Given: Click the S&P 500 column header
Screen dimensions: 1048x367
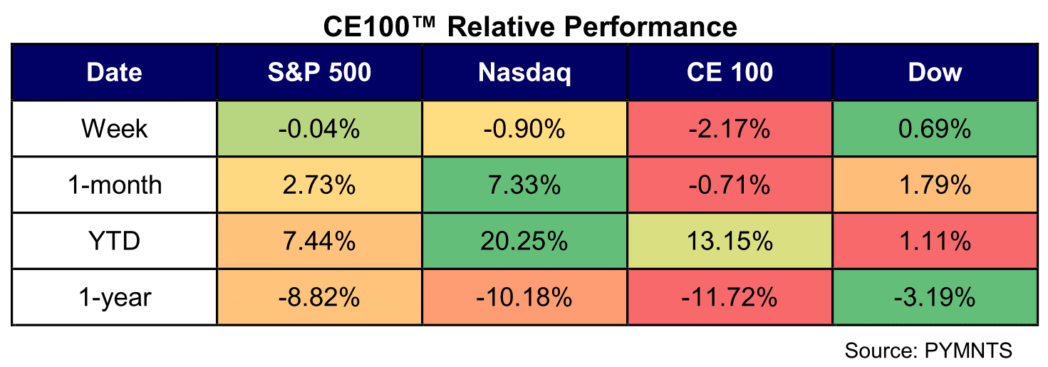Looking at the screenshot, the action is (320, 72).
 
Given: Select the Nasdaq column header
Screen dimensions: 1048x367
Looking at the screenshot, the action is (524, 73).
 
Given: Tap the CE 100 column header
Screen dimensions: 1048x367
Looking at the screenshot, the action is (730, 72).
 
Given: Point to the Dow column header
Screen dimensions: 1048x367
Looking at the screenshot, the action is (935, 72).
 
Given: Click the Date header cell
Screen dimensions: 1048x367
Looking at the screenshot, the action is (114, 72).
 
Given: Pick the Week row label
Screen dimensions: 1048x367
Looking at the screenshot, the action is (114, 129).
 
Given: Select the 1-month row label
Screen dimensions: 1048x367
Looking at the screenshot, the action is (115, 185).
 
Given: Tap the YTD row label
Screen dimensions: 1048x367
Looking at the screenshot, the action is (114, 241).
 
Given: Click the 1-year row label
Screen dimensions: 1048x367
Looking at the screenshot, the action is (115, 298).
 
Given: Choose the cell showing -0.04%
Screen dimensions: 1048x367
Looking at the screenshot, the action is (319, 129).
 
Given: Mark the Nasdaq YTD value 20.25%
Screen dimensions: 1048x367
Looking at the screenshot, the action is (524, 241).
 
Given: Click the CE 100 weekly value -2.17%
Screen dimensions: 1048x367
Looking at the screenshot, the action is (730, 129).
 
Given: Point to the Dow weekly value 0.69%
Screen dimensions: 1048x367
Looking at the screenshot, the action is (935, 129).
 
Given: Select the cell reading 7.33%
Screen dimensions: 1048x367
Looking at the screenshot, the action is (524, 185).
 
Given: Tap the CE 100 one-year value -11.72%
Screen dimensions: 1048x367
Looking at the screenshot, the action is (730, 297).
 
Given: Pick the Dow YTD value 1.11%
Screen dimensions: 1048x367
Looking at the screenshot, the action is (935, 241).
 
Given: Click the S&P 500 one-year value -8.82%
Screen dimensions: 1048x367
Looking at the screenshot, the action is (319, 297).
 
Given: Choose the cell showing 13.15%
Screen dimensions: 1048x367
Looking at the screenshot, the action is (730, 241).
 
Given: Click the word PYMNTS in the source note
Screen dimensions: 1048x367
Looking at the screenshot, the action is (968, 350).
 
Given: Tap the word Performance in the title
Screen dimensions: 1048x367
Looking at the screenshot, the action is (650, 26).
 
